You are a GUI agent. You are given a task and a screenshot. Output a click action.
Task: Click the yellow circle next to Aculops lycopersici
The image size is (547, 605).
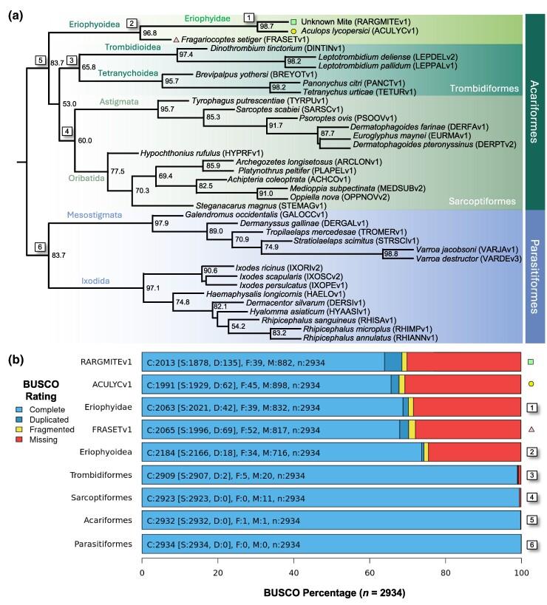point(293,31)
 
